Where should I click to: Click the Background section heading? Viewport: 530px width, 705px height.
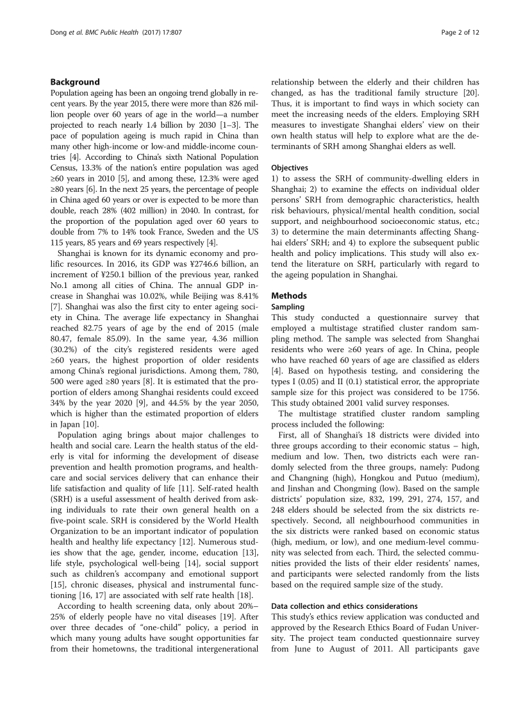pos(75,82)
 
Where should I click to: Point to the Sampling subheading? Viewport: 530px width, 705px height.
pos(288,307)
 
